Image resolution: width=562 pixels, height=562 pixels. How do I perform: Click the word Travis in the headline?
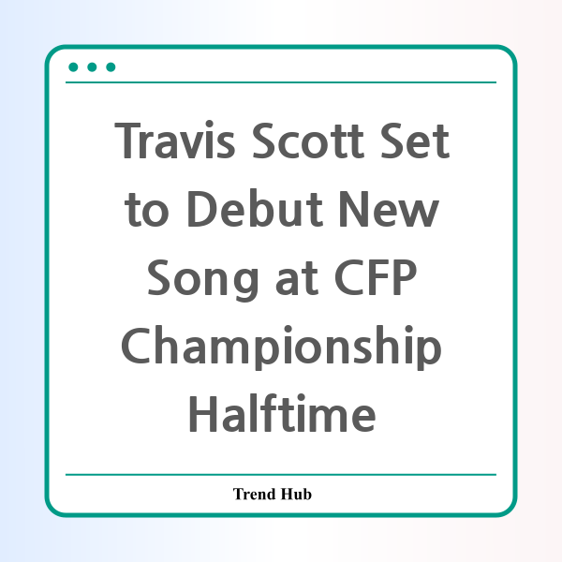click(175, 140)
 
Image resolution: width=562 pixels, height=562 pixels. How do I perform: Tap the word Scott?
click(308, 140)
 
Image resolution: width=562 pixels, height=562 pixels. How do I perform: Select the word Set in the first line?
click(415, 140)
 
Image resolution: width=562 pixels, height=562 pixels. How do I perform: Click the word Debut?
click(255, 208)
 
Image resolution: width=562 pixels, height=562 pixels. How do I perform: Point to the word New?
click(389, 209)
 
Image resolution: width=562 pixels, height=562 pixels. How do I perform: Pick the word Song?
click(202, 279)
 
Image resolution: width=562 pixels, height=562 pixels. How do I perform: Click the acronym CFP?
click(376, 277)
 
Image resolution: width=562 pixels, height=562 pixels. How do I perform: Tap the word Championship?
click(281, 347)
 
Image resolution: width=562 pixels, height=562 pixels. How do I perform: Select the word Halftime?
click(282, 413)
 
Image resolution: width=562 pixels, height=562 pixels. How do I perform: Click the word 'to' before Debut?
click(147, 210)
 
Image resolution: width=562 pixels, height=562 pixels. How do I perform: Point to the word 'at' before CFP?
click(297, 278)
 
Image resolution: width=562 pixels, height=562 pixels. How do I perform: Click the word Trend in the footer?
click(254, 494)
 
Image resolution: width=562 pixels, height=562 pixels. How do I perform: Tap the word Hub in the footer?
click(296, 494)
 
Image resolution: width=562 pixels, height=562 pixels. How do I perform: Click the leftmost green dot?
click(73, 67)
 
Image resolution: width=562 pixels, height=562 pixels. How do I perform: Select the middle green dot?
click(92, 67)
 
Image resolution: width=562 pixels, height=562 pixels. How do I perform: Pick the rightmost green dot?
click(111, 67)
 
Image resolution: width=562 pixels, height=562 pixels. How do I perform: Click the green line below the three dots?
click(281, 82)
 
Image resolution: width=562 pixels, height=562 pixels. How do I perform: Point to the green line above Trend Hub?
click(281, 475)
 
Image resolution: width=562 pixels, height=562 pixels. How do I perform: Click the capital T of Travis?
click(127, 140)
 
